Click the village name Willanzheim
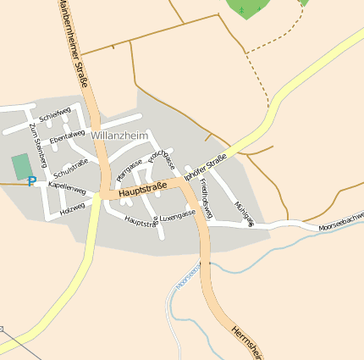[119, 135]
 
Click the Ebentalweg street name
[67, 135]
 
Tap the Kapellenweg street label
[68, 185]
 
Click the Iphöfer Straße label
[205, 163]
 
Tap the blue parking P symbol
[31, 181]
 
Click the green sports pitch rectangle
[21, 167]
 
